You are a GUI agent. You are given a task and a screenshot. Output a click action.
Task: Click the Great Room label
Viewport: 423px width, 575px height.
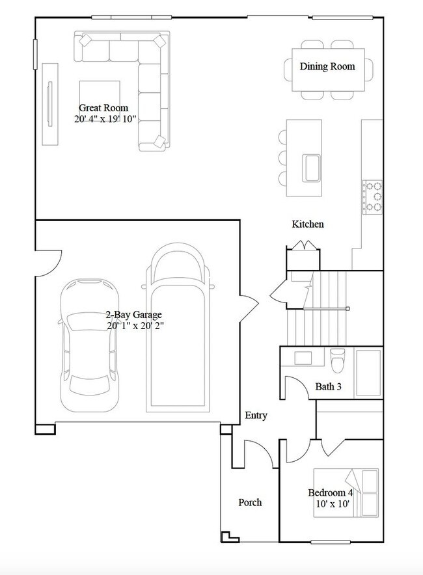pos(103,108)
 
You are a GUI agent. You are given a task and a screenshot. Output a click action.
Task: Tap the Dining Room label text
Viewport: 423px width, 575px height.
pos(327,66)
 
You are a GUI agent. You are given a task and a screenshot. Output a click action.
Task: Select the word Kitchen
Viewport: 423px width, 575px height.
pos(307,224)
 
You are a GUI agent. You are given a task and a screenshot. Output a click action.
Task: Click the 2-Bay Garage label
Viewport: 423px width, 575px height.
pos(134,314)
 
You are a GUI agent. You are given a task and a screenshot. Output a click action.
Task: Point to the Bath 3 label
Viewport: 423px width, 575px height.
pos(328,387)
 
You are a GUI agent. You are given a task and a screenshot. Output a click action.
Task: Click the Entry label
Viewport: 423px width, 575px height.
pos(256,416)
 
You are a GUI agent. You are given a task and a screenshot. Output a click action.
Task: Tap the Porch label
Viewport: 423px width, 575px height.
pos(250,502)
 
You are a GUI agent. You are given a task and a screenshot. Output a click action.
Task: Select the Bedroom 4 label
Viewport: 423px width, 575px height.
pos(330,492)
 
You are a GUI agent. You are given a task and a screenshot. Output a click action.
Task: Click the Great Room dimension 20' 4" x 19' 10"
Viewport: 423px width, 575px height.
pos(104,120)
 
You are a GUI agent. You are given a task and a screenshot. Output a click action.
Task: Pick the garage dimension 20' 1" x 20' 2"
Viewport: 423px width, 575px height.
pos(134,326)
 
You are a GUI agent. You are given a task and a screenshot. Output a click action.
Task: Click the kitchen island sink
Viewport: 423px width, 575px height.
pos(310,168)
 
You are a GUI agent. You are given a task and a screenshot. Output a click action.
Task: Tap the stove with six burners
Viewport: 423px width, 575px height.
pos(373,197)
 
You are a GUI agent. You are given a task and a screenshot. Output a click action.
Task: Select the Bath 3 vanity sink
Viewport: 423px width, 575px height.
pos(303,357)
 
